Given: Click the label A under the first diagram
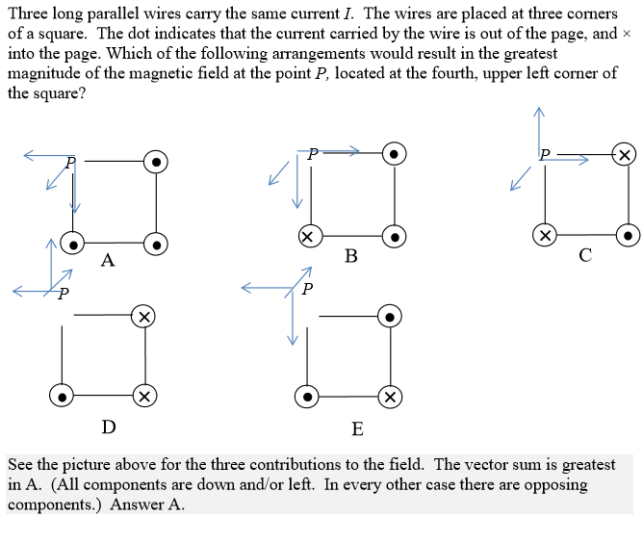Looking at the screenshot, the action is coord(108,260).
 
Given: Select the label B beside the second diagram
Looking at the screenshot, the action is coord(350,256).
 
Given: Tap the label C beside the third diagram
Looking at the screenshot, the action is coord(585,255).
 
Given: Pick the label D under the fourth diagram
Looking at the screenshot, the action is coord(109,427).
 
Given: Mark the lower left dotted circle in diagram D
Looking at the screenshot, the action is coord(61,396).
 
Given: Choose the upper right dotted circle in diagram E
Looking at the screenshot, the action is coord(389,315).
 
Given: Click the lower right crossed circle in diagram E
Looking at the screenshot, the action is coord(389,396).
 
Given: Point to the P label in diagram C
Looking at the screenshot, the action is coord(545,153).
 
